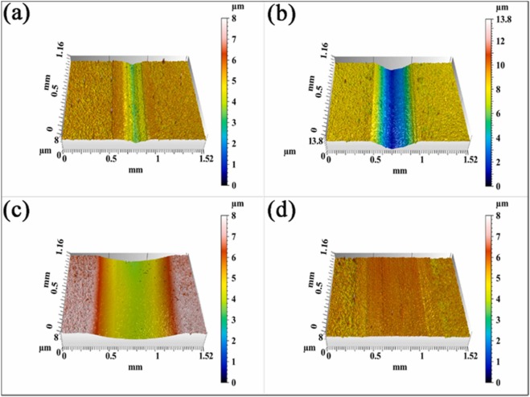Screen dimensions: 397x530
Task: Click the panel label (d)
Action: pos(284,211)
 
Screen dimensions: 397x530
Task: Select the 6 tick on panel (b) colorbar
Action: pos(503,113)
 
